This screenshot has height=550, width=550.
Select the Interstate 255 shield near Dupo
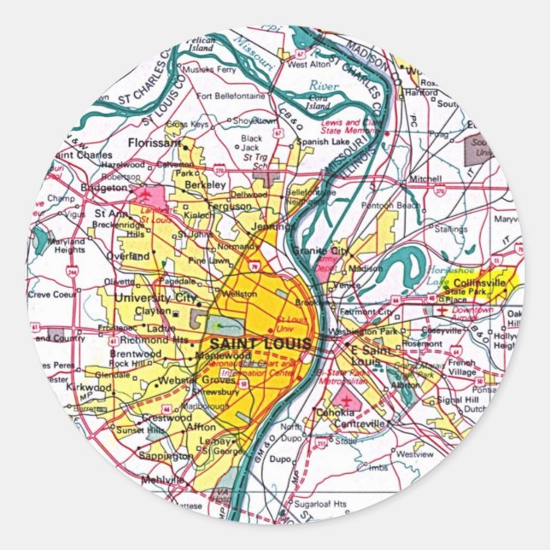[321, 444]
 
